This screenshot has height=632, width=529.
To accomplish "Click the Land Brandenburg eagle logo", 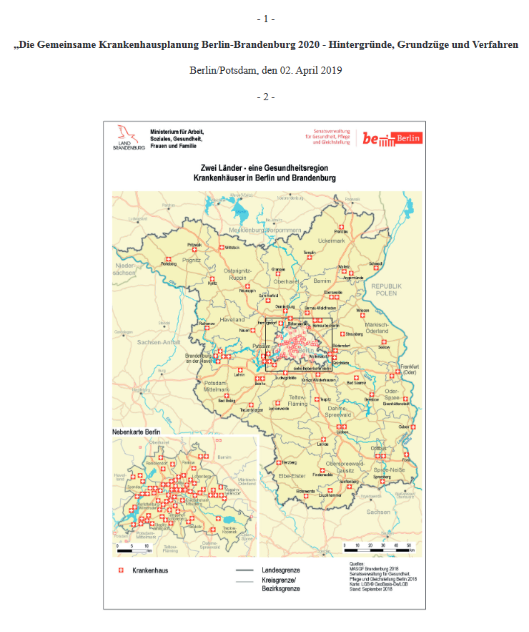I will [129, 136].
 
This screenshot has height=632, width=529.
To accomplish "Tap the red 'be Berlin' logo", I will [392, 139].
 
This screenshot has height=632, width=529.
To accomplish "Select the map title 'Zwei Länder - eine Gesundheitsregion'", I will [264, 167].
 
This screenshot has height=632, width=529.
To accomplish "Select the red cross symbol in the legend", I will [120, 571].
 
